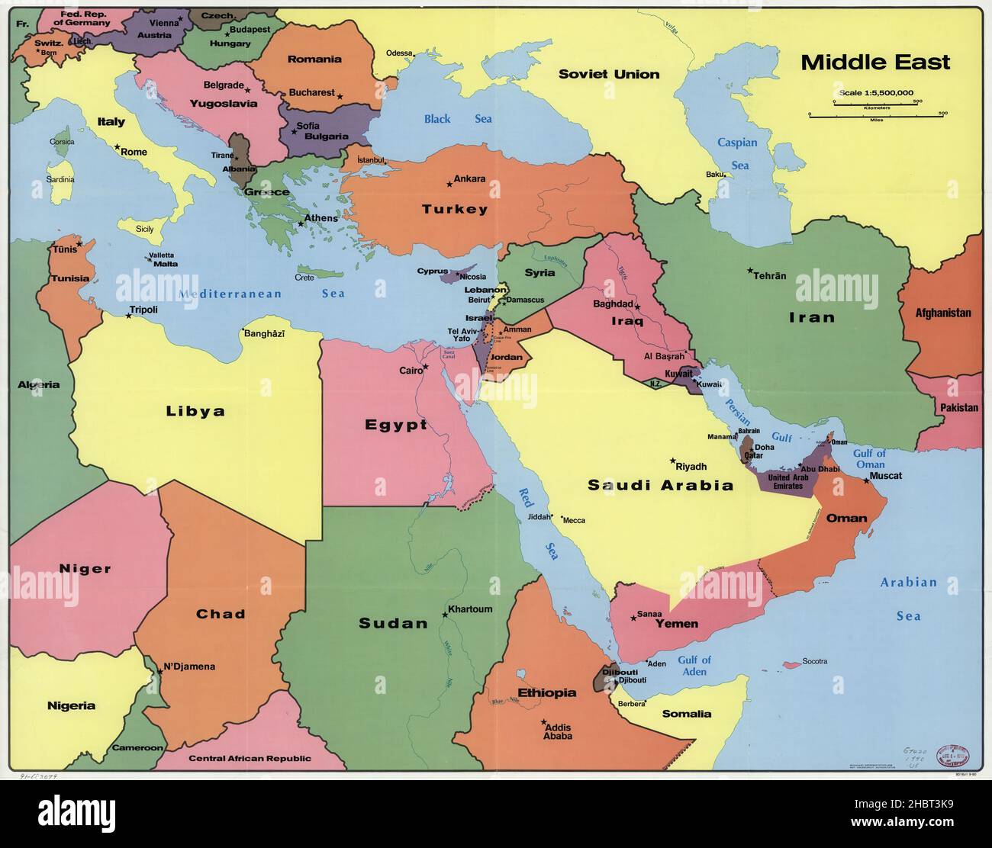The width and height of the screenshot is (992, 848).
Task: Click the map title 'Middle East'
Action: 875,63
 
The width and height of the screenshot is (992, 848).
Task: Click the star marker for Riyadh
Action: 673,461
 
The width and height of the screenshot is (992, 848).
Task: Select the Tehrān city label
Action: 769,276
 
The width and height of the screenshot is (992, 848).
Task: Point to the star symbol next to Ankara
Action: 449,183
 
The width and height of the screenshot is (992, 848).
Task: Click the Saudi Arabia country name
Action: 660,485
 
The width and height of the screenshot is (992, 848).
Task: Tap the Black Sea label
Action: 458,119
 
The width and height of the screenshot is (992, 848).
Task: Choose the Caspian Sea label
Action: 738,153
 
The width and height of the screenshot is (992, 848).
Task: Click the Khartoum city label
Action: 470,609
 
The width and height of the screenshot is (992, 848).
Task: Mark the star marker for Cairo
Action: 426,367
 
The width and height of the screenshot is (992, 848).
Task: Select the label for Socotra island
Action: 815,661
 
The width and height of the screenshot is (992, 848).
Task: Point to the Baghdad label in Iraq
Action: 613,304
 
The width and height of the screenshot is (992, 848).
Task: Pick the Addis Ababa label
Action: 557,732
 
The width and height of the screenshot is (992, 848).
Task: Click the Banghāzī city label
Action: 266,333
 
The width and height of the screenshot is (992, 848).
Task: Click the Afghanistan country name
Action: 943,313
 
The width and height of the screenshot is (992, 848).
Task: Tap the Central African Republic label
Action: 250,758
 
